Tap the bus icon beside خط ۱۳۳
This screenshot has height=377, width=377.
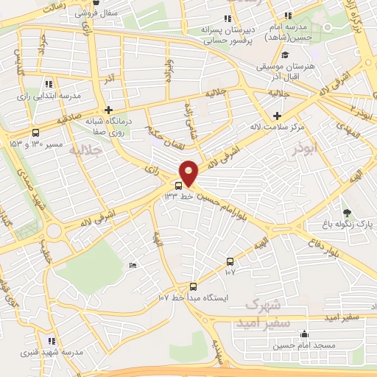(x=178, y=185)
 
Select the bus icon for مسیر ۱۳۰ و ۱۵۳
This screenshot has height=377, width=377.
(x=35, y=133)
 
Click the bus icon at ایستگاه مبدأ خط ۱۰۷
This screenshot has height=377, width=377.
(x=193, y=286)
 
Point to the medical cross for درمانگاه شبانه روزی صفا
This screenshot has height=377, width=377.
(x=109, y=110)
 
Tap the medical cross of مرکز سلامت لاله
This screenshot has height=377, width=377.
(x=277, y=116)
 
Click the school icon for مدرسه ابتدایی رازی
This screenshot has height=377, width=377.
(x=49, y=84)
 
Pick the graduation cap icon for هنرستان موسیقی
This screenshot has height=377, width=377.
(x=286, y=55)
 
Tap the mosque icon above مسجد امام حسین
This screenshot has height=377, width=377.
(x=305, y=335)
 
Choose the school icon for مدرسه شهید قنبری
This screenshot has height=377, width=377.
(x=52, y=341)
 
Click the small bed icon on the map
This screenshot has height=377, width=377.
(x=133, y=265)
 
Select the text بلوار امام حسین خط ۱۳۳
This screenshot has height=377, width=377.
(x=222, y=196)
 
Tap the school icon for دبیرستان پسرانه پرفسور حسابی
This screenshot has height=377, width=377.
(x=228, y=18)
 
